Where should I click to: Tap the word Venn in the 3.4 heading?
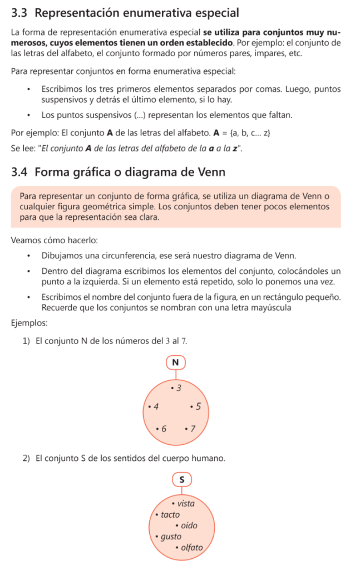click(211, 172)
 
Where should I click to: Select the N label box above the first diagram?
click(176, 362)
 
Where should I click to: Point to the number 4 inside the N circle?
click(156, 407)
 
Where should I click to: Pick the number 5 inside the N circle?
click(199, 407)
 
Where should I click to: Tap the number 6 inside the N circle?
click(164, 429)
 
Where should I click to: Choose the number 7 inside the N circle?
click(193, 429)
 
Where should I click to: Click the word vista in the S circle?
click(186, 504)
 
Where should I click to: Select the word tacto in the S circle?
click(170, 515)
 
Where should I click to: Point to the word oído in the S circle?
click(189, 525)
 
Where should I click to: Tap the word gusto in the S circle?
click(171, 537)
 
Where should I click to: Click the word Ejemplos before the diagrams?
click(29, 322)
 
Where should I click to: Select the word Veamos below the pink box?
click(26, 241)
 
